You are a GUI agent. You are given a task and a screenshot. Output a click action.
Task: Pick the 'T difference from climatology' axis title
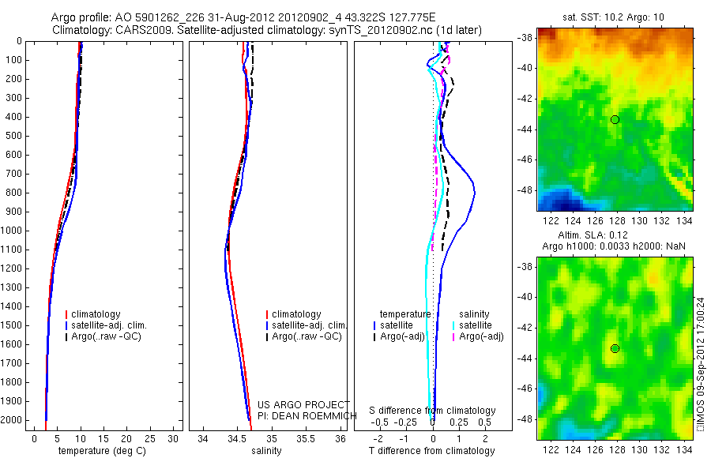431,451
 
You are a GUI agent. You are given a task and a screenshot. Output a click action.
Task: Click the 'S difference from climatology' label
432,411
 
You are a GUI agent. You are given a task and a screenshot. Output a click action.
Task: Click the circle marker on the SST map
615,119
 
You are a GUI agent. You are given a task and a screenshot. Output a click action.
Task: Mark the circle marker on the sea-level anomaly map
615,348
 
